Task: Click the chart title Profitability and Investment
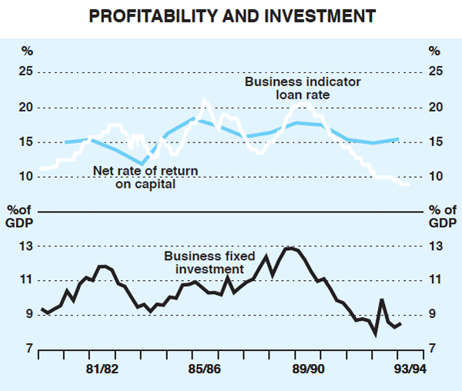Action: (231, 15)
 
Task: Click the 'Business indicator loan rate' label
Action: (293, 88)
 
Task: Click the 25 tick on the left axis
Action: (27, 72)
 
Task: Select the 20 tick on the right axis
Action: (435, 107)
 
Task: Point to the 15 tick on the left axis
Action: (27, 142)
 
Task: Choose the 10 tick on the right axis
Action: (435, 177)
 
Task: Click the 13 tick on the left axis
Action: (27, 246)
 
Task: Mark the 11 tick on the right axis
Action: (435, 281)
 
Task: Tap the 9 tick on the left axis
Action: (29, 315)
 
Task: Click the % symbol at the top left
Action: (27, 52)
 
